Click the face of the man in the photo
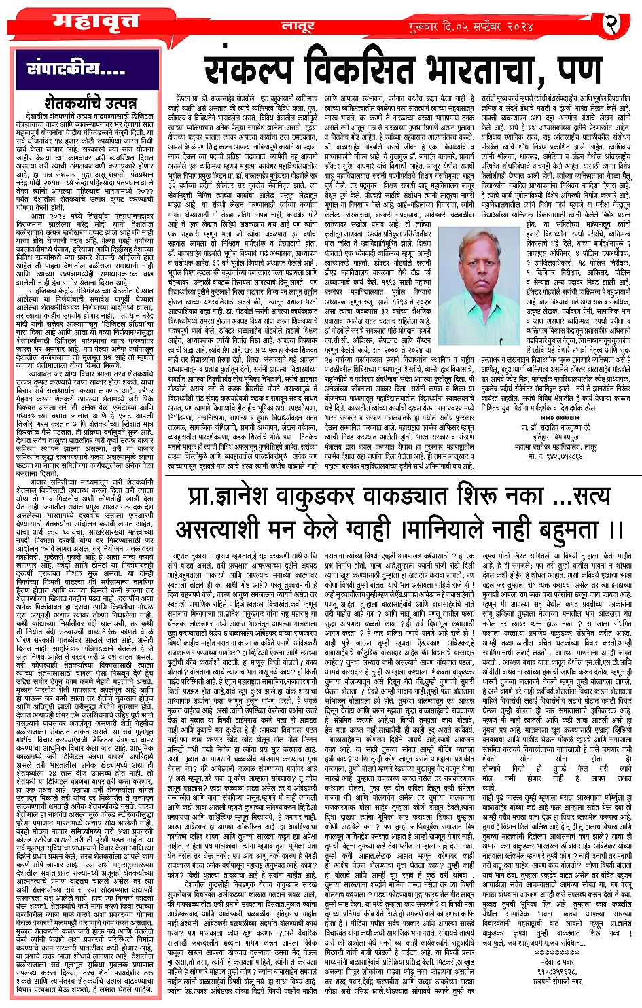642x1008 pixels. (490, 247)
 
